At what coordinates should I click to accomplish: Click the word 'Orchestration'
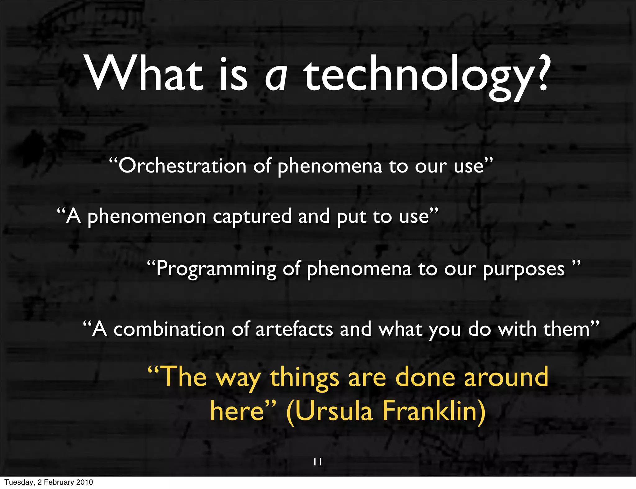click(182, 166)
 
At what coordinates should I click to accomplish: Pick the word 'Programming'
click(216, 269)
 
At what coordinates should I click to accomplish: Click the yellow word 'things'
click(304, 378)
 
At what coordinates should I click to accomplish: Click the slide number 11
click(317, 462)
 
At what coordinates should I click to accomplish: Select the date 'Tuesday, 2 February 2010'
click(49, 482)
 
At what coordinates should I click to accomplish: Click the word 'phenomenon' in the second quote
click(147, 217)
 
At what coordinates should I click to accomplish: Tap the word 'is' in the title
click(234, 76)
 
